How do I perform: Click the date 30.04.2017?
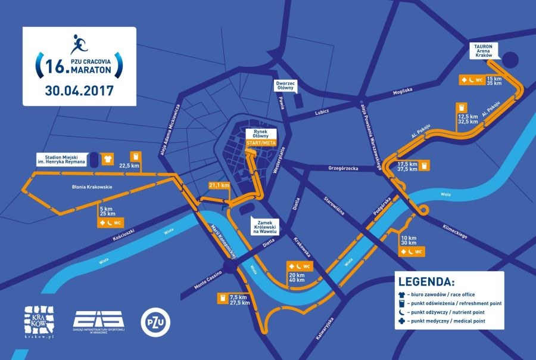[x=79, y=92]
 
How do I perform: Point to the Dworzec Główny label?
[x=285, y=85]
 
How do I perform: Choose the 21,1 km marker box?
[x=219, y=185]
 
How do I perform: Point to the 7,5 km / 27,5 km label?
[x=238, y=299]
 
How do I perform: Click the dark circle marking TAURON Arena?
[x=509, y=60]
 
